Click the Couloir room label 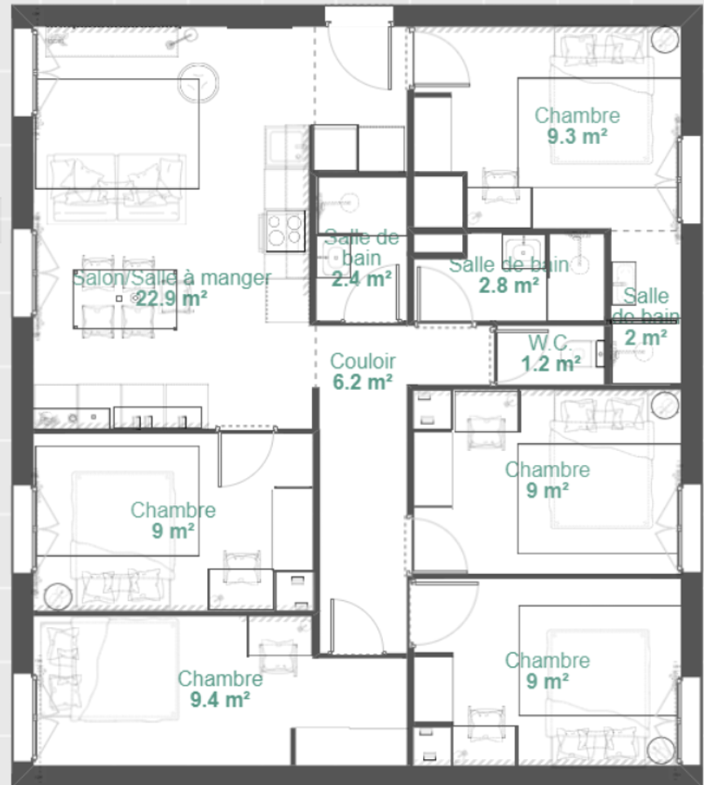pos(363,361)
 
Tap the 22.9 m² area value pos(171,299)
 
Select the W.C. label pos(550,343)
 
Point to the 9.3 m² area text pos(577,136)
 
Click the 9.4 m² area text pos(220,699)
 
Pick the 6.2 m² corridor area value pos(363,382)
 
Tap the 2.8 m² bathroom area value pos(508,285)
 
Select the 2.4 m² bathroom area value pos(361,278)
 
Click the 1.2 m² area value pos(551,364)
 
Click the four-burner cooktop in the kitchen pos(286,230)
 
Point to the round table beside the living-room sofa pos(199,82)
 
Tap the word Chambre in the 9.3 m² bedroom pos(577,116)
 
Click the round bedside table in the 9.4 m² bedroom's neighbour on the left pos(58,596)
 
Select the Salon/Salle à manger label pos(172,278)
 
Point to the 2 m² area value pos(645,338)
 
